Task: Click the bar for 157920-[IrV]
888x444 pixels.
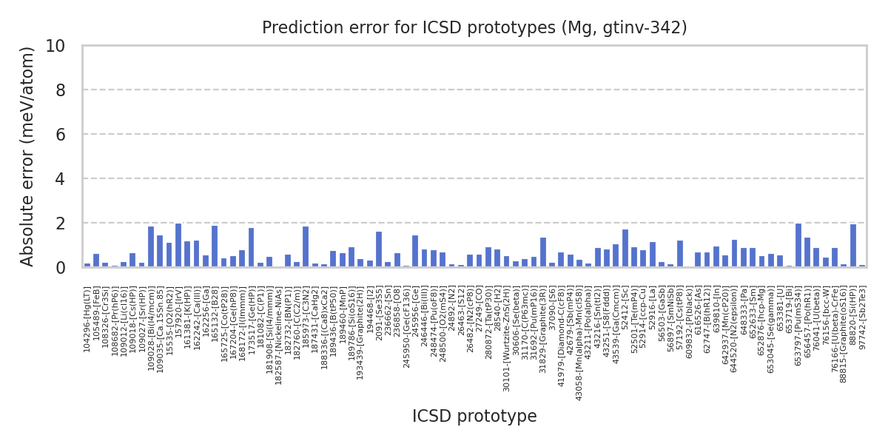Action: click(178, 245)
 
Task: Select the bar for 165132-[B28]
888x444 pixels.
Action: click(215, 246)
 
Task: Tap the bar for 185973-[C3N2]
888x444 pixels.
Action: click(306, 246)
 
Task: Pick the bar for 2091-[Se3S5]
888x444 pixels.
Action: click(379, 249)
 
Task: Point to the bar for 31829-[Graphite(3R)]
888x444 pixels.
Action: click(543, 252)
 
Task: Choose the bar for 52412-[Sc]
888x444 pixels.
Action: click(625, 248)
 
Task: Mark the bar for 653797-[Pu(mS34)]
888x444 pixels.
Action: click(798, 245)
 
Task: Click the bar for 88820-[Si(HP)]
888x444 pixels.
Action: click(853, 246)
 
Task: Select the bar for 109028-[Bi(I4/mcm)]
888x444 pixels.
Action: click(151, 246)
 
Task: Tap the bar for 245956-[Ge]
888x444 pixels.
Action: click(415, 252)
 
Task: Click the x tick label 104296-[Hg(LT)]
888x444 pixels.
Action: click(87, 312)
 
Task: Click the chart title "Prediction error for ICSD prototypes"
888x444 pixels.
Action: click(474, 28)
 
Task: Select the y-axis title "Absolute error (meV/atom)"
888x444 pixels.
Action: click(28, 156)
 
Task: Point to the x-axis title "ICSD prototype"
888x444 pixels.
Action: click(474, 417)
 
